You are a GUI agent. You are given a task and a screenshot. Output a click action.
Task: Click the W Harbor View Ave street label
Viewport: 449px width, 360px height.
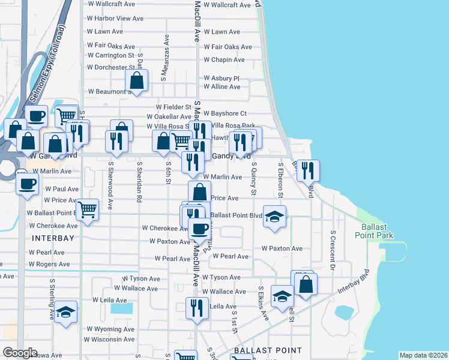pyautogui.click(x=115, y=19)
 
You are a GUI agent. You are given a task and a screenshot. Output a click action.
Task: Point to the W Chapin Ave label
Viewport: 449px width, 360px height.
pyautogui.click(x=224, y=60)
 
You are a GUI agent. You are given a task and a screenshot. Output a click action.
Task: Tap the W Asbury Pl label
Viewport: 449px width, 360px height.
pyautogui.click(x=221, y=78)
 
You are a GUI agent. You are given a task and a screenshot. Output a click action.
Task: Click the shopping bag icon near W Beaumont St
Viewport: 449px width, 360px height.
pyautogui.click(x=137, y=80)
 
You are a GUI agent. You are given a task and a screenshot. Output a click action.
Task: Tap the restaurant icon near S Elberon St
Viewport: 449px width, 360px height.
pyautogui.click(x=307, y=170)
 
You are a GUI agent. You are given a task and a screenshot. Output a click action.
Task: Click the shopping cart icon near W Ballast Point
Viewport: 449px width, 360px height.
pyautogui.click(x=88, y=210)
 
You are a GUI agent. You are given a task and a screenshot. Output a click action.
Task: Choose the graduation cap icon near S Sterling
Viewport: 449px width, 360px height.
pyautogui.click(x=66, y=312)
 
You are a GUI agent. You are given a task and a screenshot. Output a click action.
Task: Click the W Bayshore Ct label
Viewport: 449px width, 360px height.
pyautogui.click(x=225, y=113)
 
